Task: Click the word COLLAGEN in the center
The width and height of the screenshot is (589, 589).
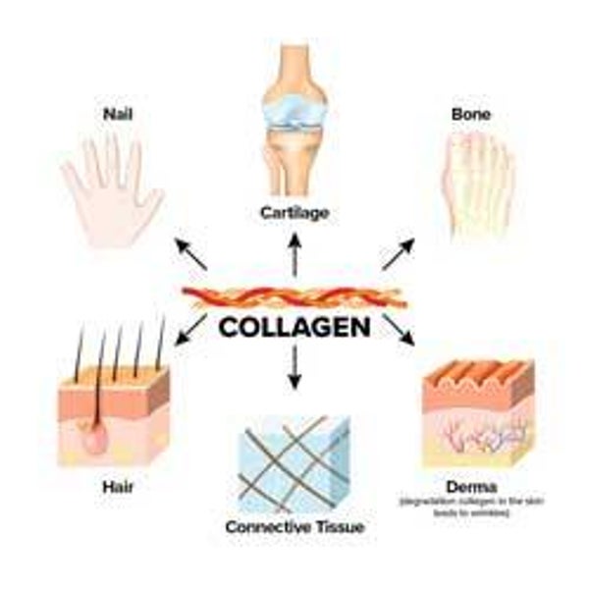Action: point(294,326)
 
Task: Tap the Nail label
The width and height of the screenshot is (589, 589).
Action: point(118,115)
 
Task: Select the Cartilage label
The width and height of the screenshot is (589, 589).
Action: point(294,211)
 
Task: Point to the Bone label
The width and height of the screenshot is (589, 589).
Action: point(470,115)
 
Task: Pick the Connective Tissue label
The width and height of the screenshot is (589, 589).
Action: point(294,527)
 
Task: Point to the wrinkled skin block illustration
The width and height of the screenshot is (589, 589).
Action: point(477,412)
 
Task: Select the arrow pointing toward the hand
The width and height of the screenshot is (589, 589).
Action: point(192,253)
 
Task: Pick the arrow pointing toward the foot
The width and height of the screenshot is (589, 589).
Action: point(397,253)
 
